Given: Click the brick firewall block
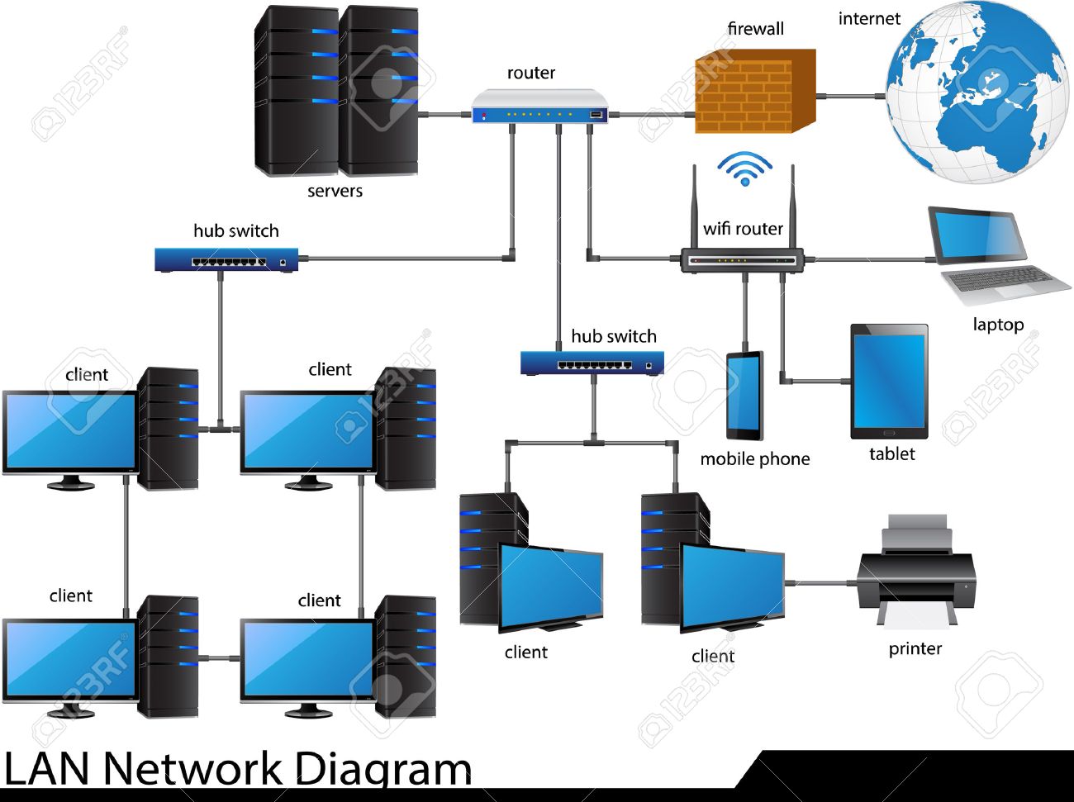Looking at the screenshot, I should coord(754,92).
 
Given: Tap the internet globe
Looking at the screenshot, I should coord(975,92).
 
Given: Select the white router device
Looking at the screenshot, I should coord(539,107).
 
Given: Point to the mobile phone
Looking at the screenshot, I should coord(744,396).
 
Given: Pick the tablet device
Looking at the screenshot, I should coord(889,382).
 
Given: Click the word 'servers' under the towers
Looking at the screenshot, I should coord(335,191).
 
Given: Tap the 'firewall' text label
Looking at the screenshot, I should coord(755,29).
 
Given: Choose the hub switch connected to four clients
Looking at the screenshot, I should coord(226,260).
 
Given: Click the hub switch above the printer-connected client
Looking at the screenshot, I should coord(592,363).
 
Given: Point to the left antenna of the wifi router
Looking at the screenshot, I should coord(695,206).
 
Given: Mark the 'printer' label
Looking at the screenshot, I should coord(915,648).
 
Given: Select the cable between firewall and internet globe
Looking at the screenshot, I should coord(851,97).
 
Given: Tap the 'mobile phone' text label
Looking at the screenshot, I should coord(754,459).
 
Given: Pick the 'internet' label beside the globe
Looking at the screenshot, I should coord(868,19).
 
